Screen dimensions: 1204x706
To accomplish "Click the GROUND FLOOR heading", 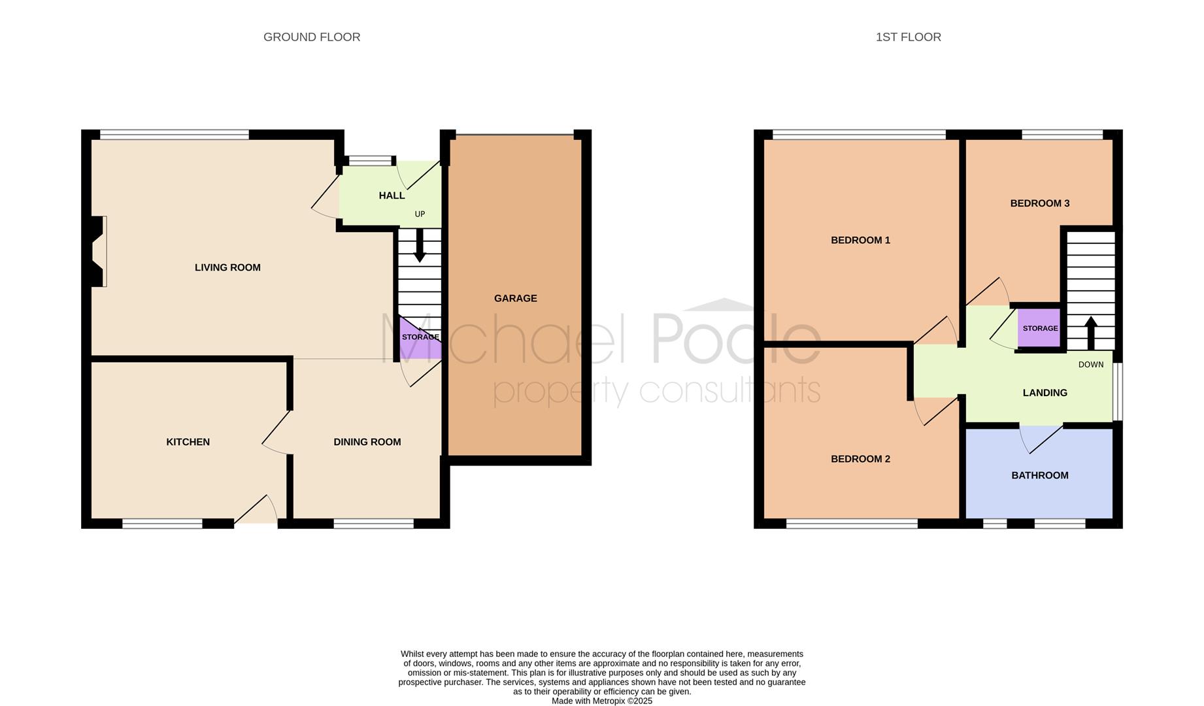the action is [x=312, y=37].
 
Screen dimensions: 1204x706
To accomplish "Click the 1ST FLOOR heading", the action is [x=909, y=37].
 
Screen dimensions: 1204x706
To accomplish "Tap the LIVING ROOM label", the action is [x=227, y=267].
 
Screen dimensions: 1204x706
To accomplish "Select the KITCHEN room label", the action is [x=188, y=442].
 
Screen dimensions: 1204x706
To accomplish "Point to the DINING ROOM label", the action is [x=367, y=442].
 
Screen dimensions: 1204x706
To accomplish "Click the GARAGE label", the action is [x=516, y=298].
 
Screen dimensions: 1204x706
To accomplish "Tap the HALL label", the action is [x=392, y=195].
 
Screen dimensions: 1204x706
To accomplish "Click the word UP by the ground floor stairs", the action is [x=420, y=214].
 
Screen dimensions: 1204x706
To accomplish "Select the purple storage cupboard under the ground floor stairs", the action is [x=420, y=338].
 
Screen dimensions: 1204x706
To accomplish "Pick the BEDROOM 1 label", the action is [x=860, y=240].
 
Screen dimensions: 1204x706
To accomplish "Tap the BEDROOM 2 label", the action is [x=860, y=459].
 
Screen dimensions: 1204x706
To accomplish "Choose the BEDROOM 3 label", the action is [x=1040, y=203].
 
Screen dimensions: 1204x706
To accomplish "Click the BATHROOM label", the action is [x=1040, y=475].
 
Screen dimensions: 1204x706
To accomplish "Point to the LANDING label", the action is [x=1045, y=393].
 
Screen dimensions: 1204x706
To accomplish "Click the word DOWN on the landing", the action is [x=1091, y=365].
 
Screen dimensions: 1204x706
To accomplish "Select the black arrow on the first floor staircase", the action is [x=1090, y=333].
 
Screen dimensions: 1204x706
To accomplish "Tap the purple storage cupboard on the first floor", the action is [x=1039, y=328].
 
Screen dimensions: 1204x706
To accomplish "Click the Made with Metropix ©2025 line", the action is [x=602, y=701].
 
